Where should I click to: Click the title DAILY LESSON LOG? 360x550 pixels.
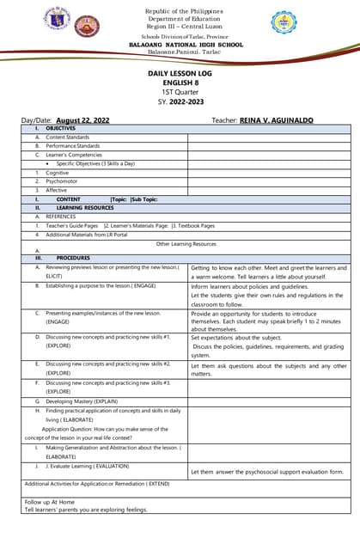tap(180, 75)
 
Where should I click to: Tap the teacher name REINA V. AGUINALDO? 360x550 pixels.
tap(276, 120)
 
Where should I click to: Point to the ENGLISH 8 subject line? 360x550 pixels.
tap(180, 84)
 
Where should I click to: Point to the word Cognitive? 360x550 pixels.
tap(58, 173)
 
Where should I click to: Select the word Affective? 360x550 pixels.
tap(57, 190)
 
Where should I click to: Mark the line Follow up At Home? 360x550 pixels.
tap(50, 501)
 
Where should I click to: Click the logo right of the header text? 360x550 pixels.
tap(284, 23)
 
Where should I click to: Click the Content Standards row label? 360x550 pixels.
tap(67, 137)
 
